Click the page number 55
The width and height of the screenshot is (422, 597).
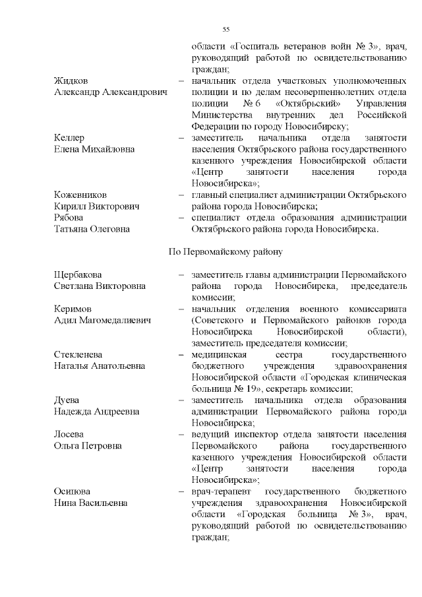pos(226,30)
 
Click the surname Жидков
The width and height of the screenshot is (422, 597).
pos(71,80)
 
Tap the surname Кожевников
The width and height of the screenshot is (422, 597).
pos(80,195)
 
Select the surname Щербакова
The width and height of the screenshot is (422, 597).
pos(78,274)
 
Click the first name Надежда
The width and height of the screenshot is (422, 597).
pos(73,412)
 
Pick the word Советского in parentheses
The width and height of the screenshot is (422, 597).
pos(220,321)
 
